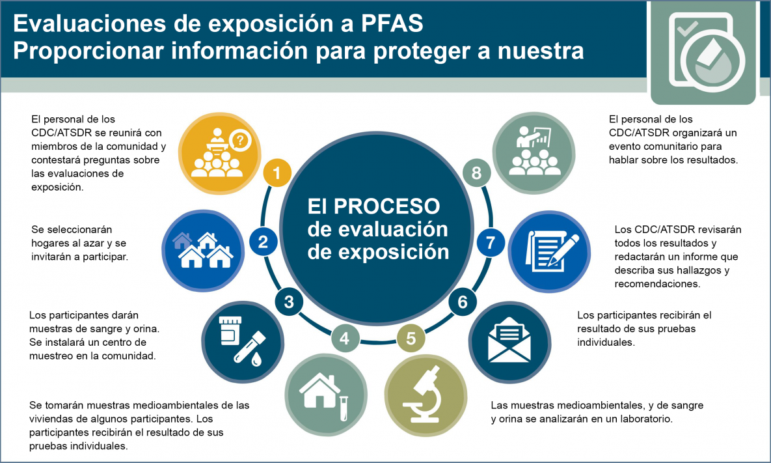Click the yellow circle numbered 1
click(x=277, y=173)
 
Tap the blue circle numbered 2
click(x=263, y=242)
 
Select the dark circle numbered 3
click(x=289, y=302)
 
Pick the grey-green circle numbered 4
click(x=345, y=338)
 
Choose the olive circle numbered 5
click(x=411, y=338)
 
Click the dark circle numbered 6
click(x=463, y=302)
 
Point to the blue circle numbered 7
click(x=491, y=243)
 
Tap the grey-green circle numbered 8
click(x=477, y=173)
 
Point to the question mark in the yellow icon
click(x=241, y=140)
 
